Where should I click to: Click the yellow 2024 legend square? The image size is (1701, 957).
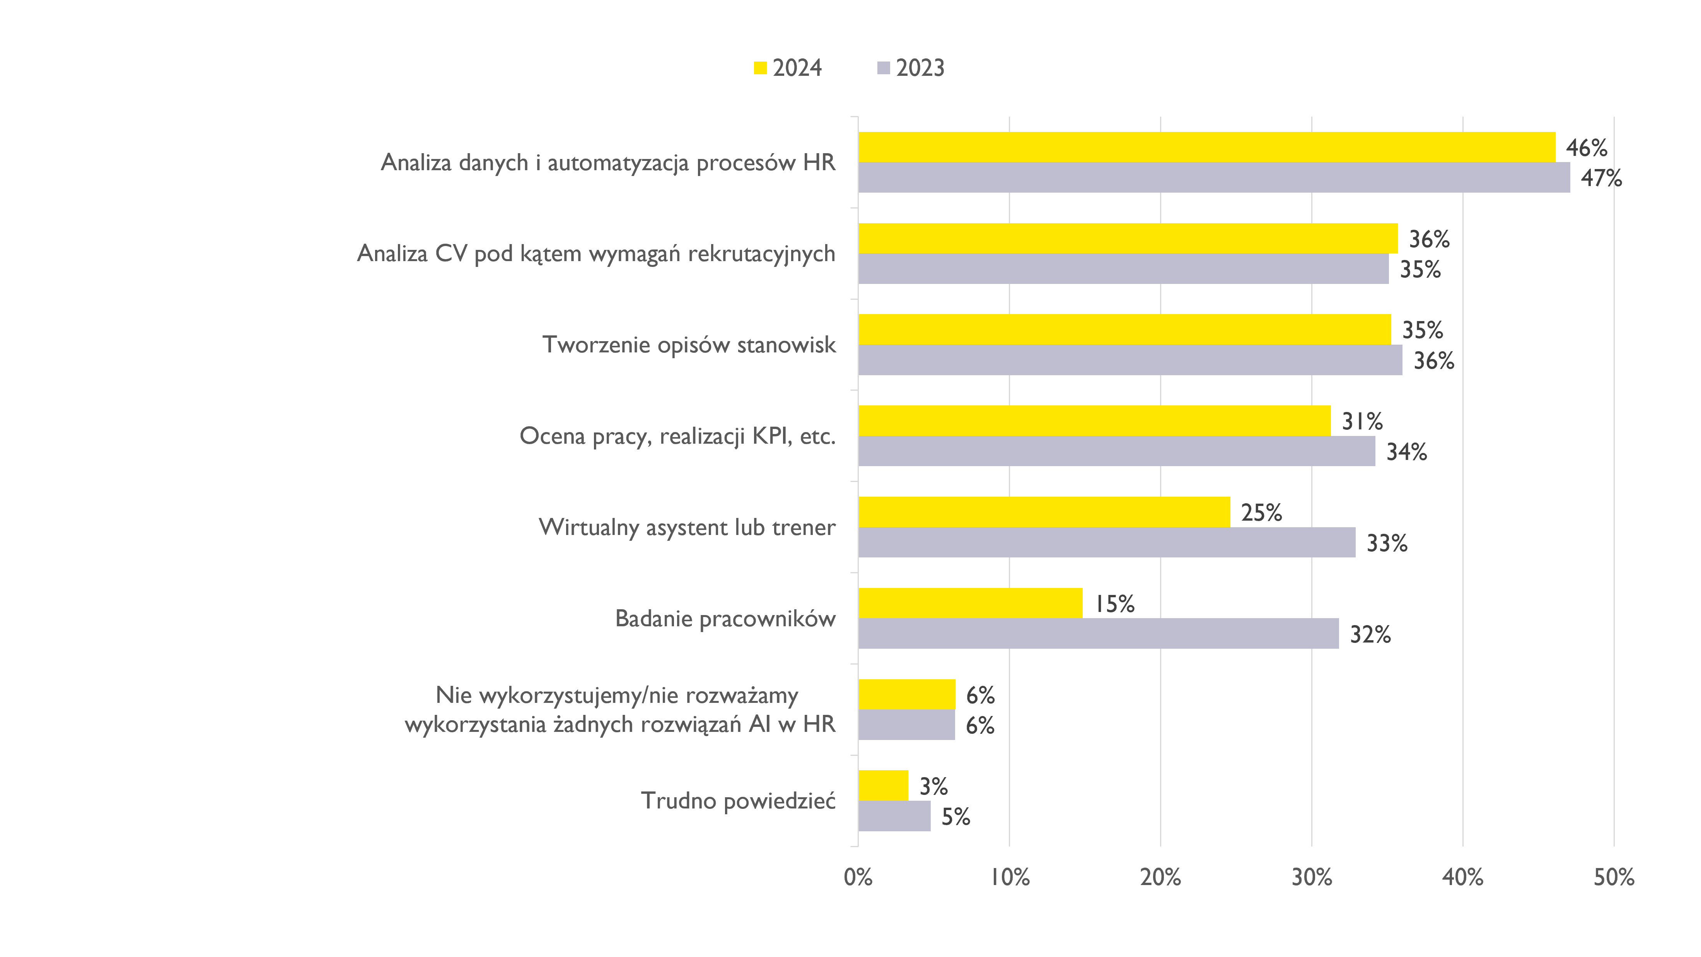pyautogui.click(x=760, y=68)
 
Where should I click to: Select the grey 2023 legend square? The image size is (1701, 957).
pyautogui.click(x=884, y=68)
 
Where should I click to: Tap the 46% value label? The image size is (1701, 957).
pyautogui.click(x=1586, y=148)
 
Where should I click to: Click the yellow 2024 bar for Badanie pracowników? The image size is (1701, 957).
pyautogui.click(x=970, y=603)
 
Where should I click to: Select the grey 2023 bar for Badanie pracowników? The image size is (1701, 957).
pyautogui.click(x=1098, y=633)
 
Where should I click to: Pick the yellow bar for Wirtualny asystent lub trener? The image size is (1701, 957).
pyautogui.click(x=1044, y=512)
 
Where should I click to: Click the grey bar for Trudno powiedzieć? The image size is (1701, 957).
pyautogui.click(x=894, y=816)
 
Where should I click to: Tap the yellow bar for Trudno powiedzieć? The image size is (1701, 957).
pyautogui.click(x=883, y=785)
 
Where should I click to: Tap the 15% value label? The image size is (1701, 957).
pyautogui.click(x=1115, y=604)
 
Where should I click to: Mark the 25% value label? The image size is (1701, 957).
pyautogui.click(x=1261, y=513)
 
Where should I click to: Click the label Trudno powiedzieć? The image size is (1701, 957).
pyautogui.click(x=738, y=800)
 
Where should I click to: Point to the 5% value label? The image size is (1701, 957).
pyautogui.click(x=955, y=817)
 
